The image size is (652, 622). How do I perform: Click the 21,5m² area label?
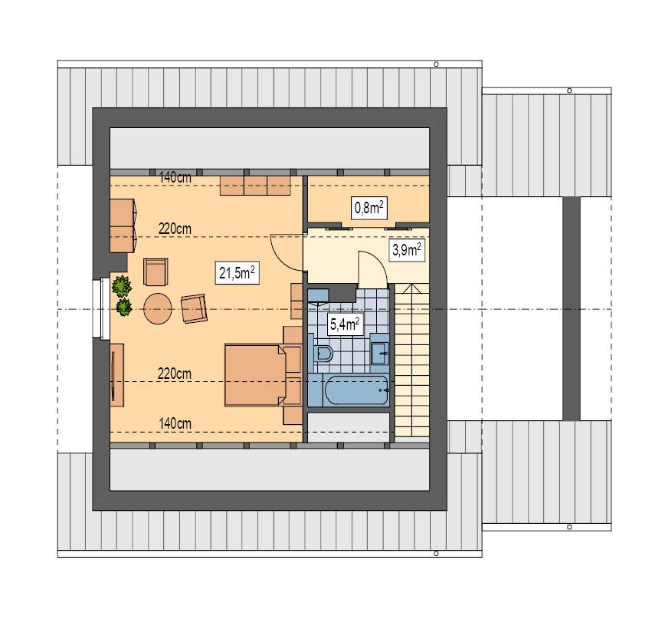[x=236, y=273]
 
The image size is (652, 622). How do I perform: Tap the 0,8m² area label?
[x=369, y=207]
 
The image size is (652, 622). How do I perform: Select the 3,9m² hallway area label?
[x=407, y=250]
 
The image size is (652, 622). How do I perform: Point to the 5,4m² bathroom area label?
[x=345, y=324]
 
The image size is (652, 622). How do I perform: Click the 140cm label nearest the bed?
[x=175, y=423]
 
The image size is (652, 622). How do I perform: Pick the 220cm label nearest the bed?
[x=175, y=374]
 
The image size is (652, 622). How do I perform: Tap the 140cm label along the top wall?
[x=175, y=177]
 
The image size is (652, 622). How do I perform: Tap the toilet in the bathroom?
[x=323, y=354]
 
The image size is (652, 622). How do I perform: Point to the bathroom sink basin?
[x=379, y=354]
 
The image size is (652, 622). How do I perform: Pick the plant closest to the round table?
[x=123, y=308]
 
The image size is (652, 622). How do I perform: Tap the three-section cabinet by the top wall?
[x=255, y=185]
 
